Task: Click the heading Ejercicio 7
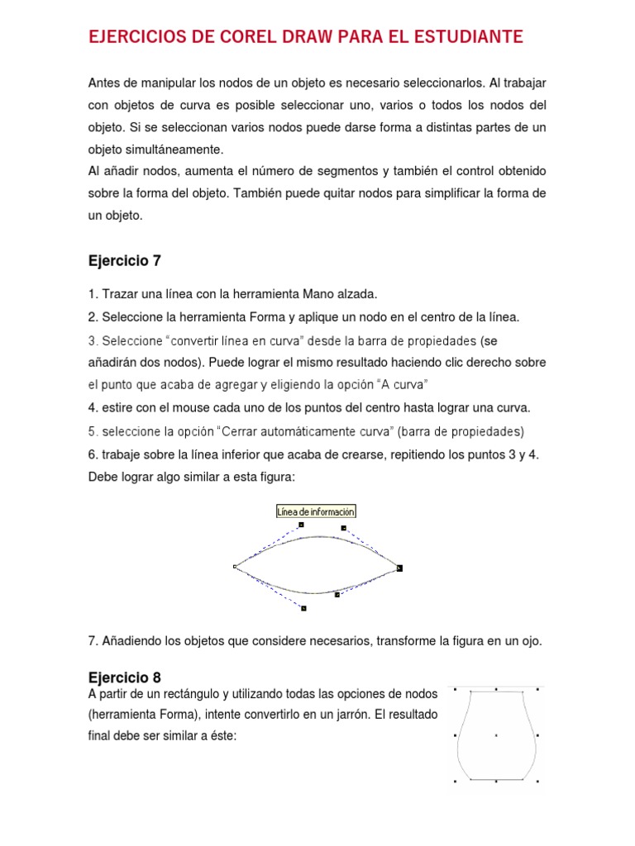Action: pos(124,261)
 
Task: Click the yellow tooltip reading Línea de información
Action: pos(316,511)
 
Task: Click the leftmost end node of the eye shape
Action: pos(236,567)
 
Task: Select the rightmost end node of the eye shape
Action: pos(399,568)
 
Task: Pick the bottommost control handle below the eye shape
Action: pos(304,608)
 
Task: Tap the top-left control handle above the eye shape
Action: pos(301,524)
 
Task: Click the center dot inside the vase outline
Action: pos(495,734)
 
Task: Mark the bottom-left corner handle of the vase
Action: pos(456,780)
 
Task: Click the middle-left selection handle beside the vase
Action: pos(456,734)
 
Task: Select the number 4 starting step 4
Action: pos(92,407)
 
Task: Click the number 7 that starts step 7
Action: pos(92,640)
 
